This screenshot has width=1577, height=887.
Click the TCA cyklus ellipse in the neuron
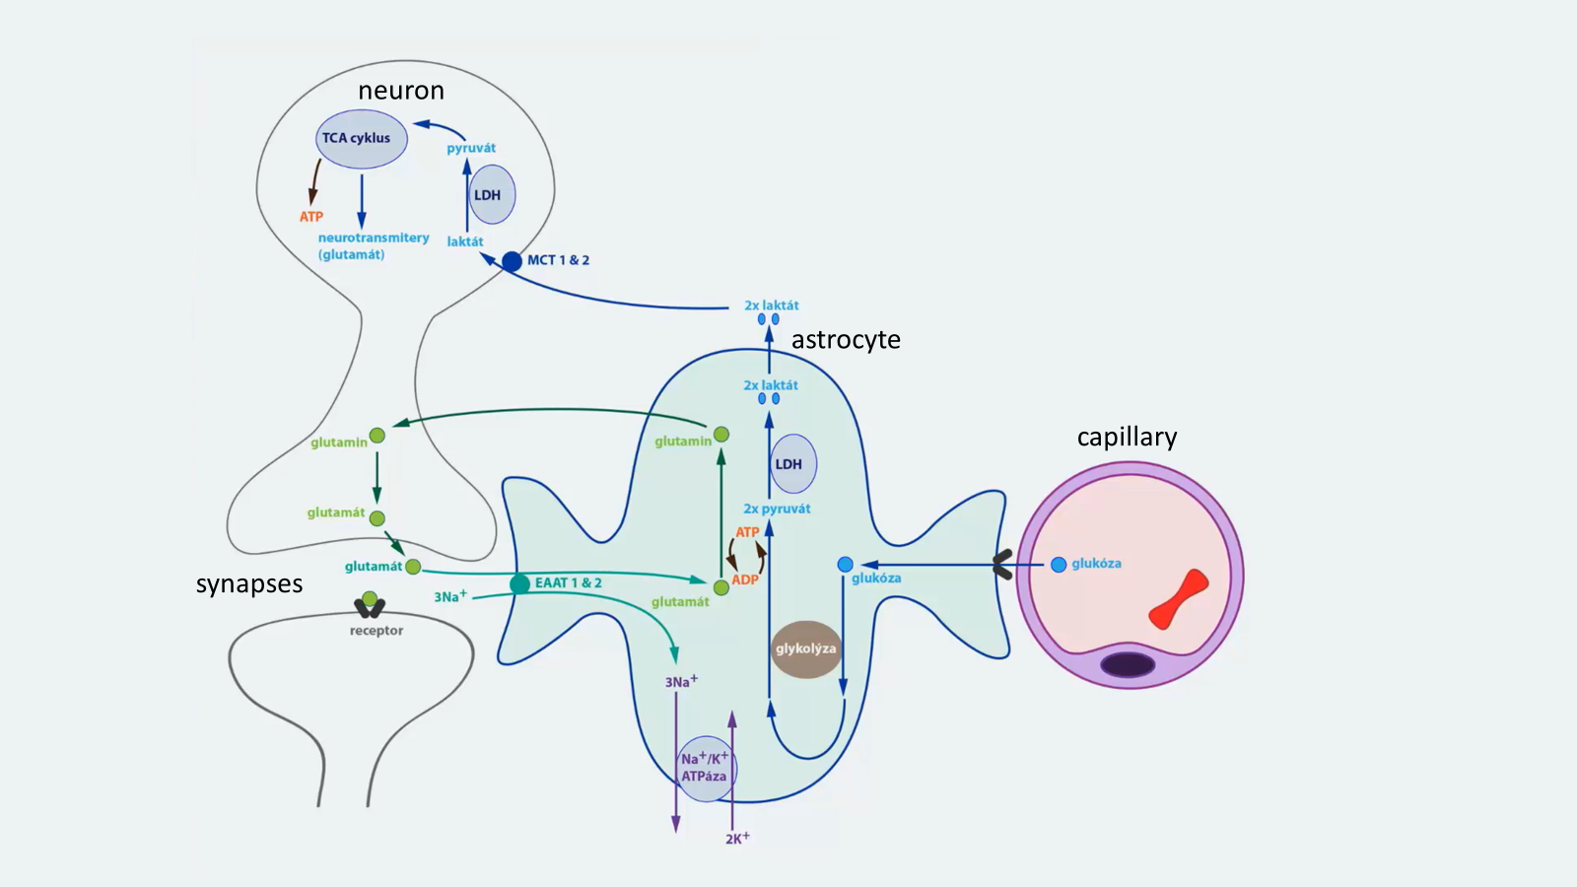coord(361,138)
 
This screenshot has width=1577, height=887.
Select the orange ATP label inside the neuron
coord(311,217)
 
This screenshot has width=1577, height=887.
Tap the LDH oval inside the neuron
coord(491,195)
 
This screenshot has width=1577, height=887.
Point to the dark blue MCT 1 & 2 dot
coord(512,261)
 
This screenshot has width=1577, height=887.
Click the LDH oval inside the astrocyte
coord(792,464)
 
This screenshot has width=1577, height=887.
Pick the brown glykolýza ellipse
coord(806,648)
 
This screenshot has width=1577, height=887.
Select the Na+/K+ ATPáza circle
coord(705,768)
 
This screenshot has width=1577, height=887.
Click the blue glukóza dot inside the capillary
coord(1059,565)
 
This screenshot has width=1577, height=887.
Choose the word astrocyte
coord(846,340)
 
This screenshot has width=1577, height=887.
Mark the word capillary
coord(1127,437)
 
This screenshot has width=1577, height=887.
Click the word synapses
coord(249,584)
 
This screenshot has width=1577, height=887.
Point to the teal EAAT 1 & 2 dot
coord(519,584)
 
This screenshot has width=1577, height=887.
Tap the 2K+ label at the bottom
coord(737,839)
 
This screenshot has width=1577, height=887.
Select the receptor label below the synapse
coord(377,631)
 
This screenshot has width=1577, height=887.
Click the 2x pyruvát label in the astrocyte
coord(777,510)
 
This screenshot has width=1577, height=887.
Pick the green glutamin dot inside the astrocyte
coord(721,435)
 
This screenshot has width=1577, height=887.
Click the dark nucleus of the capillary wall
coord(1128,664)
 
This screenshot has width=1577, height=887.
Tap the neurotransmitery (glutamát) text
coord(373,246)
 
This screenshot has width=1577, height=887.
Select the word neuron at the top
coord(401,91)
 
